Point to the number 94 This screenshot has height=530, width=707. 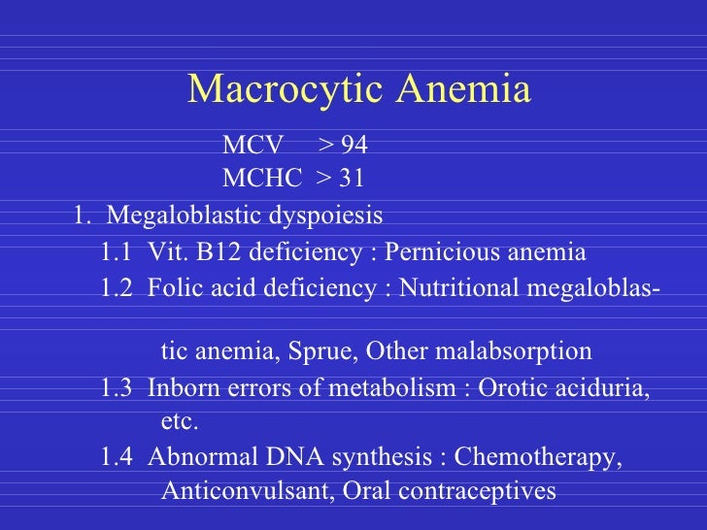coord(354,147)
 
